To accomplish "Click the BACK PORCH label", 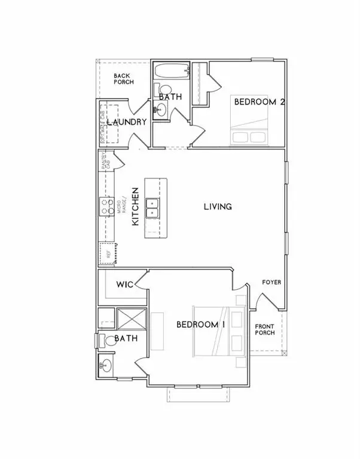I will click(124, 78).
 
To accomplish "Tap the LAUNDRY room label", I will click(127, 122).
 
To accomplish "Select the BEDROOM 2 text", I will click(258, 102).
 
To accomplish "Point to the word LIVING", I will click(218, 207).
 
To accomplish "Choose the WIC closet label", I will click(124, 284).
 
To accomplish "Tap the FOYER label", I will click(271, 282).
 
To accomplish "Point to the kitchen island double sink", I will click(152, 207).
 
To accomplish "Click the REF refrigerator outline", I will click(108, 253).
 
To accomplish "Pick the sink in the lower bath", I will click(106, 365).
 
